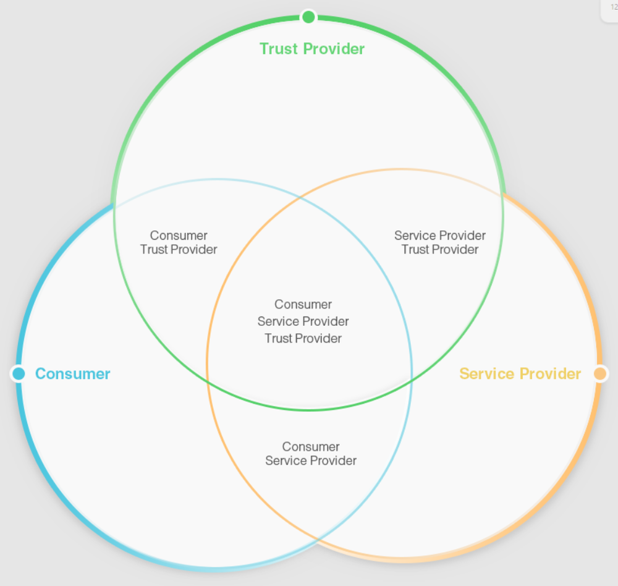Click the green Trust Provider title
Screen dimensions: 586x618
click(x=311, y=49)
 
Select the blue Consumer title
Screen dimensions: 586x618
click(x=72, y=374)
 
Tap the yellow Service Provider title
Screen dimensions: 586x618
click(x=520, y=374)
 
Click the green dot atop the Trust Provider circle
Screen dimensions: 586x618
click(x=308, y=17)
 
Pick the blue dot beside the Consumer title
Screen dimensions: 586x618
click(x=19, y=373)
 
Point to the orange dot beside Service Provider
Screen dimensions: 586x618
click(x=599, y=373)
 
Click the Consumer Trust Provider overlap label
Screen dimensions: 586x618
click(x=179, y=242)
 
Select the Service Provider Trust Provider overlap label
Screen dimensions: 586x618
click(x=440, y=242)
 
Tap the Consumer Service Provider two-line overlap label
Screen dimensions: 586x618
click(x=311, y=454)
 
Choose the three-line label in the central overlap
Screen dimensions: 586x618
click(x=303, y=321)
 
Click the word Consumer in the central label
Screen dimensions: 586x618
click(x=303, y=305)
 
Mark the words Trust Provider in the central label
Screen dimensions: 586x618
click(x=303, y=339)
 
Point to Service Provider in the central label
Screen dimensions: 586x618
click(x=303, y=321)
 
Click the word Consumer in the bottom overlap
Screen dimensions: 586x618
click(x=311, y=447)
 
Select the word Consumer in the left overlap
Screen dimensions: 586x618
click(x=179, y=236)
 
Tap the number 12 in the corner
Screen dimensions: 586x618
click(x=614, y=7)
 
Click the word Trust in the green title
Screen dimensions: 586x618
click(x=279, y=49)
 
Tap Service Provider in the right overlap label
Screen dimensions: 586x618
click(x=440, y=236)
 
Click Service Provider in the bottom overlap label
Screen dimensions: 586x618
click(x=311, y=461)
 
